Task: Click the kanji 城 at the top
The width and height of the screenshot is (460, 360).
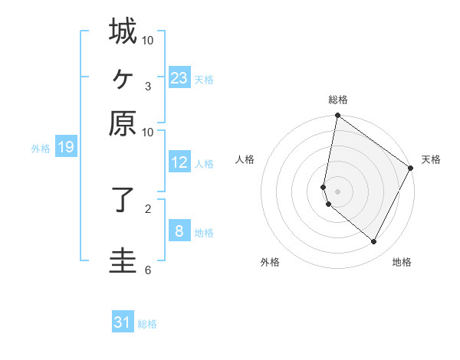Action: (123, 32)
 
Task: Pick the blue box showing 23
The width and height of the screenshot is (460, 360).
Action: (179, 78)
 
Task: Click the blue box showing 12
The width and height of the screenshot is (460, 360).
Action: (179, 162)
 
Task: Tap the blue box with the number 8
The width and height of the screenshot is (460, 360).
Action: (179, 231)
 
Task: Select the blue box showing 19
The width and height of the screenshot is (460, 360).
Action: (65, 148)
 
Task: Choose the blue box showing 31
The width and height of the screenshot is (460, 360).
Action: (122, 322)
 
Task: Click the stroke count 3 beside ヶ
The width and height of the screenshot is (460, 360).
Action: (147, 86)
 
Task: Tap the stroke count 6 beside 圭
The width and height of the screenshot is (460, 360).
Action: (147, 270)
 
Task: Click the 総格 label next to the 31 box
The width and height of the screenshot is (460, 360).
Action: (147, 324)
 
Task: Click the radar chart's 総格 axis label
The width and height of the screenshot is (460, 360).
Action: (338, 100)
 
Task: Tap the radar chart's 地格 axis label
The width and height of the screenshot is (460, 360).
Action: (402, 263)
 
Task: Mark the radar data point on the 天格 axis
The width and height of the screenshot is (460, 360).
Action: (411, 169)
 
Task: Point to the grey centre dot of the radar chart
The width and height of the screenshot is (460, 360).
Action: (338, 191)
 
